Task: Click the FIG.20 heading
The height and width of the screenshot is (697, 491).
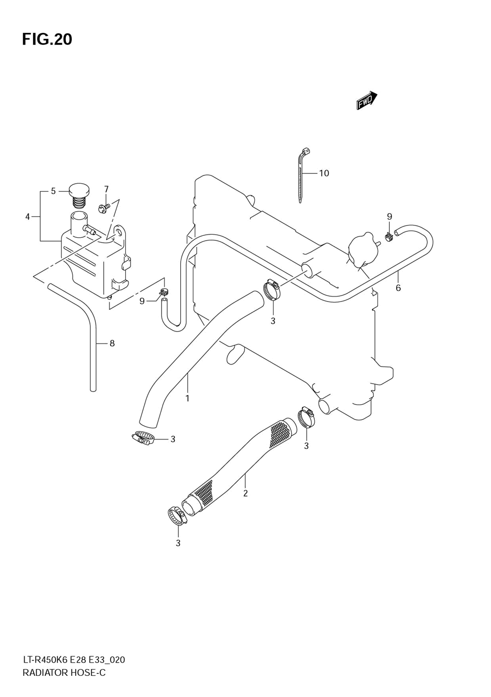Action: [x=47, y=39]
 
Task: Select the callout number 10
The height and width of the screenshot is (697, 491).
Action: [x=324, y=173]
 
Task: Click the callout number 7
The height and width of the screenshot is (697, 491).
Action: [x=107, y=189]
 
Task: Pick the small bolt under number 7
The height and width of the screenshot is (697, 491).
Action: [x=104, y=207]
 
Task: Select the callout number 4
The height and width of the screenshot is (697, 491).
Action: [x=27, y=217]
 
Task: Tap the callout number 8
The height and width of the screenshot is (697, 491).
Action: [x=112, y=343]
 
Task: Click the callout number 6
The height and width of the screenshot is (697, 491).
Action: [x=398, y=287]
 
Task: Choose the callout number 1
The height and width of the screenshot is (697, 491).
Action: [x=188, y=398]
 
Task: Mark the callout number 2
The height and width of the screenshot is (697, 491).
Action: [x=245, y=493]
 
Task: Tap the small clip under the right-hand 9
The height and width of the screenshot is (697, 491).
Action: [x=389, y=237]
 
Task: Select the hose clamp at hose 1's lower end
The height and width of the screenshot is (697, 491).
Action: [x=143, y=438]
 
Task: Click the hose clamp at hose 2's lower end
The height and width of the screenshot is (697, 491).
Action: [x=178, y=516]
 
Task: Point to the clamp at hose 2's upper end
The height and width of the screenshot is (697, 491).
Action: [x=306, y=417]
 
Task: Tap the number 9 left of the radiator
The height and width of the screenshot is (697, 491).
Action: [x=142, y=301]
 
